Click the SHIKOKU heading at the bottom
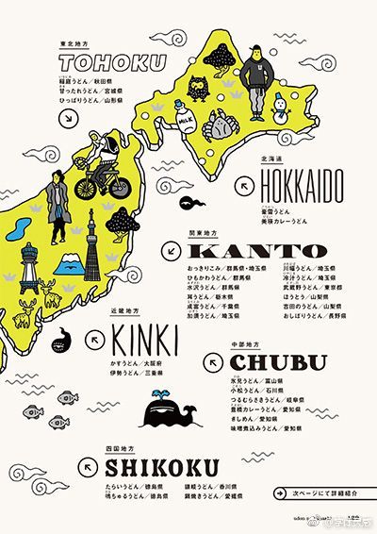point(162,467)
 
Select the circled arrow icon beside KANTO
point(170,250)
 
